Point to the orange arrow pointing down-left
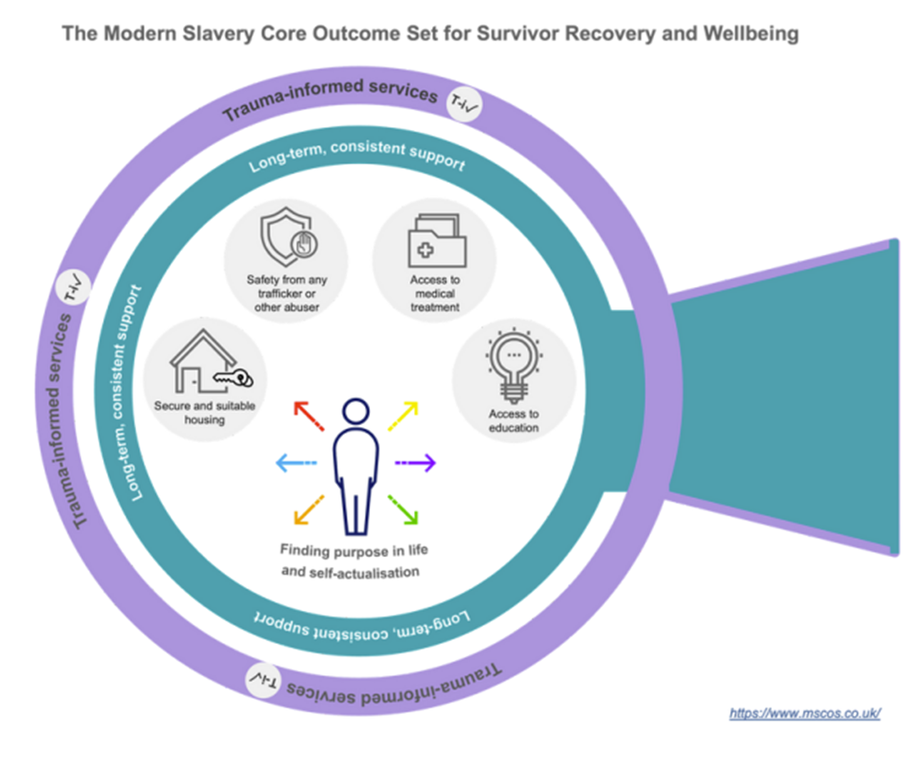(308, 509)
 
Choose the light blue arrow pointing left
(296, 463)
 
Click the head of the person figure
(356, 413)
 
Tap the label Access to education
(513, 421)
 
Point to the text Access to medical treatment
(435, 293)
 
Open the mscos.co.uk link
(805, 714)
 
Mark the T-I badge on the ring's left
(73, 289)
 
